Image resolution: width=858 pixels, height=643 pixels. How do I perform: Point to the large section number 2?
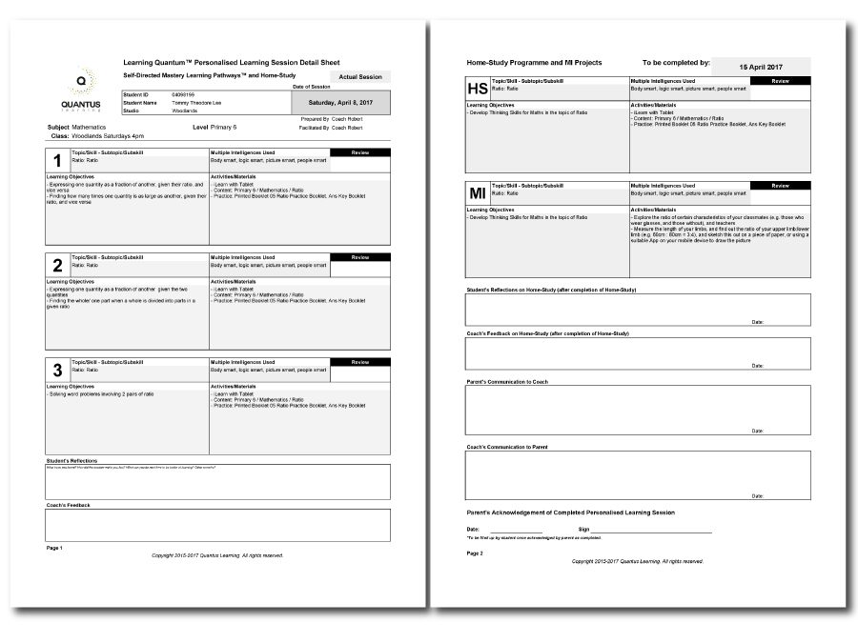(x=57, y=267)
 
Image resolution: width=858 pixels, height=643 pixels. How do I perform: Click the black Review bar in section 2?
(x=360, y=257)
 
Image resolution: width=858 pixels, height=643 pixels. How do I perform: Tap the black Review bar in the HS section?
(x=780, y=82)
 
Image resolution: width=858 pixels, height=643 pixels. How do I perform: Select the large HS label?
(x=478, y=89)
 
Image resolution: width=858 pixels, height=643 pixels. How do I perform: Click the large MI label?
(x=478, y=193)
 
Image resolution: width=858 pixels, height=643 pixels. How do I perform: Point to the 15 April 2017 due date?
(x=761, y=68)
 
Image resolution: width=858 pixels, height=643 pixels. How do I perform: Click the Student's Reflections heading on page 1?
(x=72, y=461)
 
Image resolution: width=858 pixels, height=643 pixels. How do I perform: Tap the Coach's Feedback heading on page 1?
(x=68, y=505)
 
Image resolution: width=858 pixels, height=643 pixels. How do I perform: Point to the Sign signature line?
(x=652, y=530)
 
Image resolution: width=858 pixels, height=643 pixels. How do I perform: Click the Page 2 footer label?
(x=475, y=553)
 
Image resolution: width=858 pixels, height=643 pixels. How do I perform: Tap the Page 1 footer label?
(x=54, y=548)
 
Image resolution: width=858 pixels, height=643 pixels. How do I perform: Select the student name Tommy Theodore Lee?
(x=197, y=103)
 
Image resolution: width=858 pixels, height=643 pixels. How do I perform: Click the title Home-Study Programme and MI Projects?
(x=534, y=62)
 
